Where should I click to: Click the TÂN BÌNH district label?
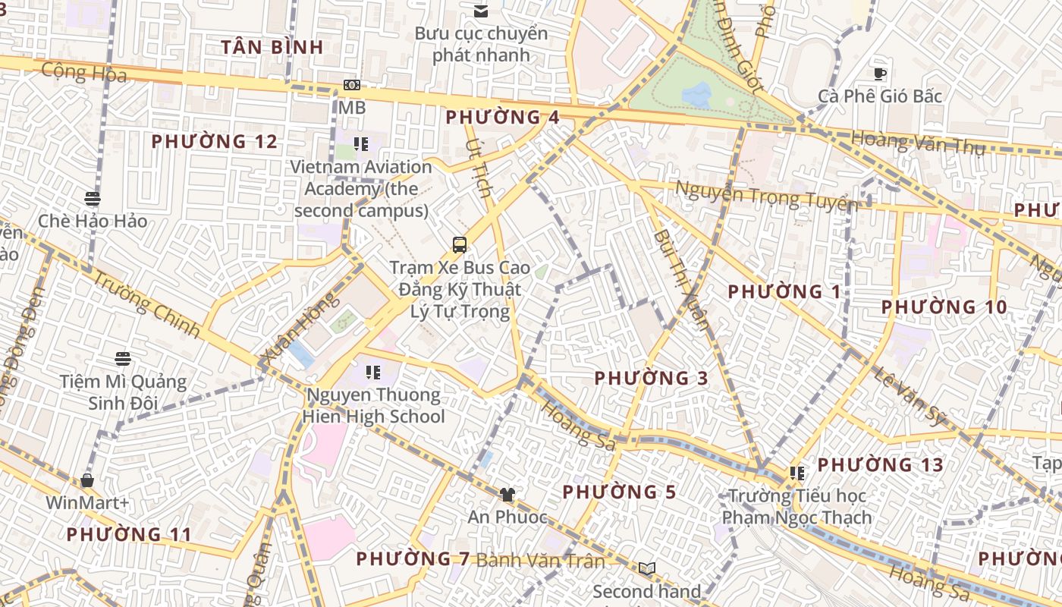coord(272,47)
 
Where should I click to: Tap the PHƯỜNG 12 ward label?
coord(214,142)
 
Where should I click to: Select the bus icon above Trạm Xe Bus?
coord(460,245)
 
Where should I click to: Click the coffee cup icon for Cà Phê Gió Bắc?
coord(880,74)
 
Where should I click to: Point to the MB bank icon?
coord(351,85)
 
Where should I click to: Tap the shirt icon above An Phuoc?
coord(507,495)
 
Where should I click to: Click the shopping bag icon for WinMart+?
coord(87,480)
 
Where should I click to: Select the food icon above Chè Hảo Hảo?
coord(93,199)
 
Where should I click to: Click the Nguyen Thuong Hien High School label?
coord(373,405)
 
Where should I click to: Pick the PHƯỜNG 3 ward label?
coord(651,378)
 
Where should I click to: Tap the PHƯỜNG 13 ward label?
coord(880,464)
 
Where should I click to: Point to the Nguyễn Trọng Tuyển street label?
coord(766,197)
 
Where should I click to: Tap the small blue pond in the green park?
coord(697,95)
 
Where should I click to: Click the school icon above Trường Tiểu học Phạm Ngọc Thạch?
coord(796,473)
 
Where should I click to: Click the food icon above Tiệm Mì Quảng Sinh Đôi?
coord(123,358)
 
